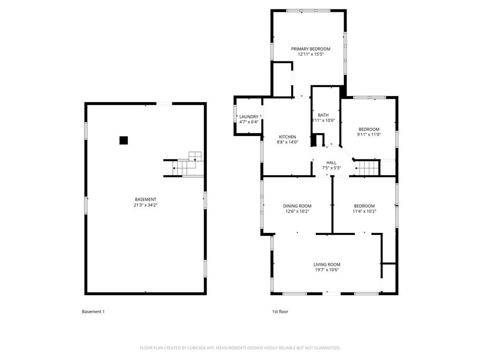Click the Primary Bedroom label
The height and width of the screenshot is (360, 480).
pos(310,49)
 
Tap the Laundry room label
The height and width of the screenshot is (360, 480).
pos(248,117)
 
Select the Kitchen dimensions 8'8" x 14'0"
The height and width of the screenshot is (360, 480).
pos(287,142)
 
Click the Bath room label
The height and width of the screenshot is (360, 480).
pos(323,115)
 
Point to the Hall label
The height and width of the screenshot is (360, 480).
pos(331,163)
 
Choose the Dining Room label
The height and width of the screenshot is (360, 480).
pos(297,206)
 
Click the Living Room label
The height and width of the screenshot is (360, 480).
pos(327,264)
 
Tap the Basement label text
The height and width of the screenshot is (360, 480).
pos(145,200)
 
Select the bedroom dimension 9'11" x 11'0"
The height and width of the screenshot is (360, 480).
pos(369,135)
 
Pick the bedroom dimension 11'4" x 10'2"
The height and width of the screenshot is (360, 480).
pos(364,211)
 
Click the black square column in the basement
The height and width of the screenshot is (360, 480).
pos(123,140)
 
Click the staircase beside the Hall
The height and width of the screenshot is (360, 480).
pos(367,168)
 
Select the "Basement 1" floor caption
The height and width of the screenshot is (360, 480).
pos(93,312)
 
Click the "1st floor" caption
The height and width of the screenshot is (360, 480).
pos(280,312)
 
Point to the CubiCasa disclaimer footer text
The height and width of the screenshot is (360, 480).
pos(240,348)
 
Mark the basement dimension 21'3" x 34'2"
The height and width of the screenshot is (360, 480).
pos(145,205)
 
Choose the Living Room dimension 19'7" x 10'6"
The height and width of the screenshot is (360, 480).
pos(327,270)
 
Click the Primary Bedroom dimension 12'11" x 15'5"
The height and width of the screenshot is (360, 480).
pos(310,54)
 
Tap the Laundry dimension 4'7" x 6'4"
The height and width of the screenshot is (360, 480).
pos(248,122)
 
